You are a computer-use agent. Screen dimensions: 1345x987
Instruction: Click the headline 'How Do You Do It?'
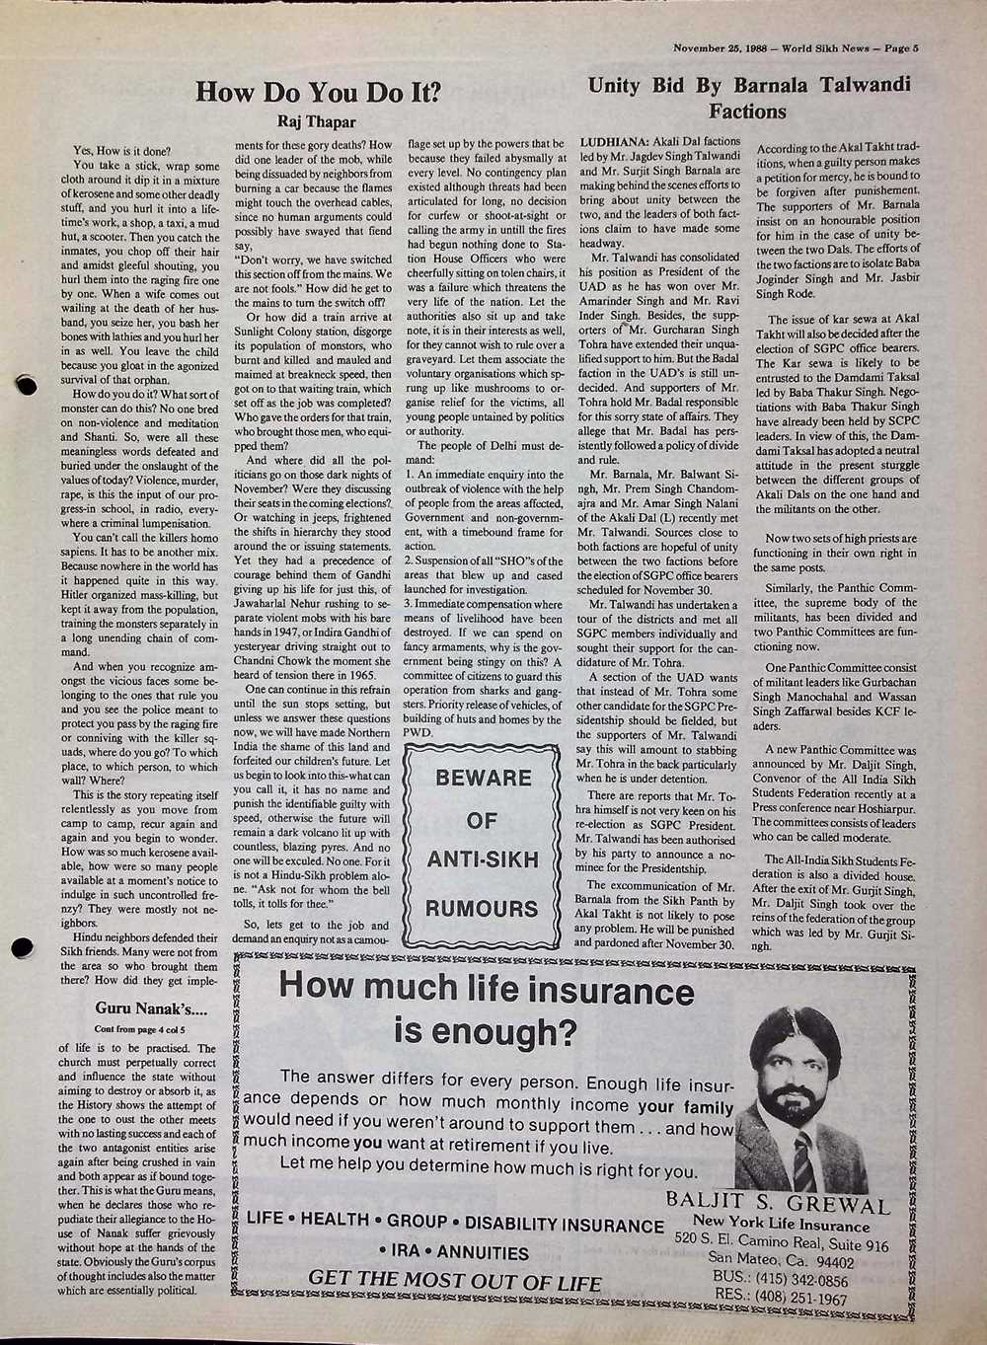[x=318, y=93]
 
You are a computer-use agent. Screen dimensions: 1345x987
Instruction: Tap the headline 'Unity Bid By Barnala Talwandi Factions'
[x=748, y=97]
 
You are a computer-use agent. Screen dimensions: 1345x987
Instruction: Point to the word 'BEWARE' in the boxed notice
[x=484, y=777]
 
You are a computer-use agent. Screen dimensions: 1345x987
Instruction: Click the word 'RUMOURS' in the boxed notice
[x=482, y=907]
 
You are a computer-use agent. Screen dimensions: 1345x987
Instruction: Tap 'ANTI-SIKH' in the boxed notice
[x=483, y=859]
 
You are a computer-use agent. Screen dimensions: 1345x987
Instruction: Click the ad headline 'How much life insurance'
[x=487, y=990]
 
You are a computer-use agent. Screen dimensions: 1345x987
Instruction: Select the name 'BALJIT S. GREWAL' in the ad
[x=778, y=1205]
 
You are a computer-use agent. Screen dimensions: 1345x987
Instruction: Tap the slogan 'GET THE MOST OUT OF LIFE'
[x=455, y=1281]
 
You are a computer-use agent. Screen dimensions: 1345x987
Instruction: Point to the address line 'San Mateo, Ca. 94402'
[x=781, y=1262]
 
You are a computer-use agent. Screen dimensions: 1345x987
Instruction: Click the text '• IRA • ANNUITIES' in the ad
[x=454, y=1253]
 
